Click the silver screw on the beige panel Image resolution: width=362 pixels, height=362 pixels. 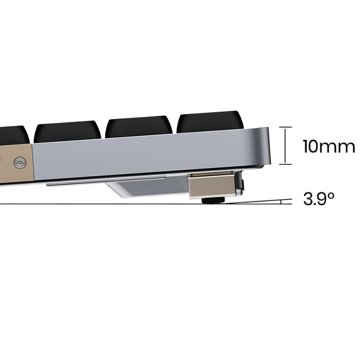[20, 164]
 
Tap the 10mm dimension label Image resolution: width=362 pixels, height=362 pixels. [329, 147]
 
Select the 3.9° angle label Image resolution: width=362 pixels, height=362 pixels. [319, 198]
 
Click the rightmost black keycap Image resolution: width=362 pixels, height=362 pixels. [211, 122]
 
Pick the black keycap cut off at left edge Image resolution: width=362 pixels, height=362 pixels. [14, 136]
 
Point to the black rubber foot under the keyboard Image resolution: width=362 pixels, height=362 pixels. [213, 200]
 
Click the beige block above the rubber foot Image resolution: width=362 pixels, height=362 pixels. [212, 186]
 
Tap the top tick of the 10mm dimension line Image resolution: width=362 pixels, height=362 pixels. [285, 127]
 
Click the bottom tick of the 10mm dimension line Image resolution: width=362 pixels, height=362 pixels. [285, 164]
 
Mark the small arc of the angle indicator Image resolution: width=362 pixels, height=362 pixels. [281, 202]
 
